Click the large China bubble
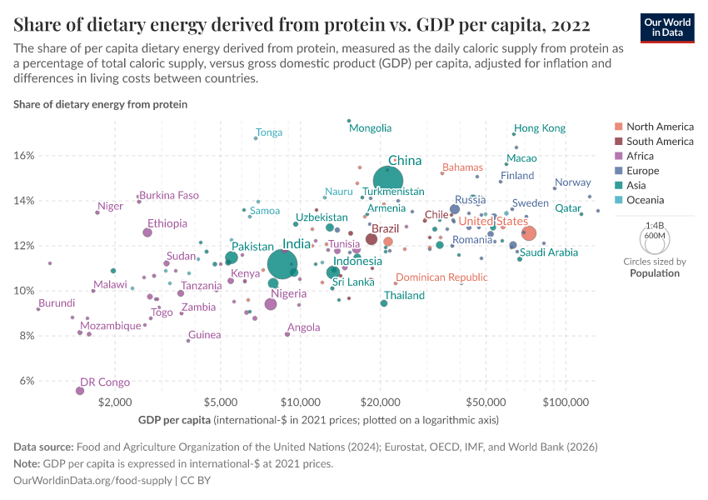coord(388,179)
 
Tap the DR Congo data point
coord(80,391)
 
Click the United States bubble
coord(528,233)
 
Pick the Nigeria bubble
coord(271,304)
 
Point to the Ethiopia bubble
coord(147,232)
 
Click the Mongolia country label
coord(370,128)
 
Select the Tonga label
coord(269,132)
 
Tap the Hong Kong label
coord(540,128)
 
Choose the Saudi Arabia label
coord(549,252)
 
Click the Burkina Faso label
coord(169,195)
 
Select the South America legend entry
coord(659,142)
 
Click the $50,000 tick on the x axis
coord(486,400)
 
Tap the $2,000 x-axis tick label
coord(114,400)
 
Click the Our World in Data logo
coord(668,27)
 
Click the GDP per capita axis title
coord(175,418)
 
